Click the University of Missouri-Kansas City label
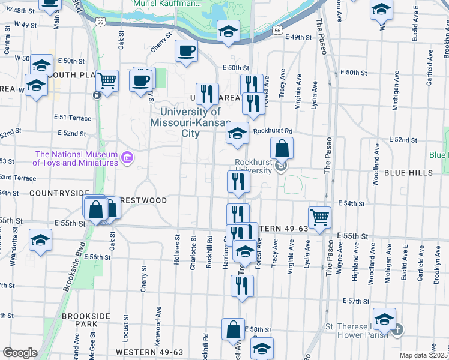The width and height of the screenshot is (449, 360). click(190, 122)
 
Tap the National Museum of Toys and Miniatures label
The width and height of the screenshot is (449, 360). click(75, 158)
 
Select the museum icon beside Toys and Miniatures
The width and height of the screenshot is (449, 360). click(127, 158)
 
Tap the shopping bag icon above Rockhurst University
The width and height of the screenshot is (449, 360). click(282, 149)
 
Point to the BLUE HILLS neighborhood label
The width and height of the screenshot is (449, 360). click(408, 173)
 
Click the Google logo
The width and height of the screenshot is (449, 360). click(19, 353)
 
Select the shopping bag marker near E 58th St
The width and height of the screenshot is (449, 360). click(233, 330)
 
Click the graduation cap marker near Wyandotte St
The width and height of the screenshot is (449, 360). click(40, 241)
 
